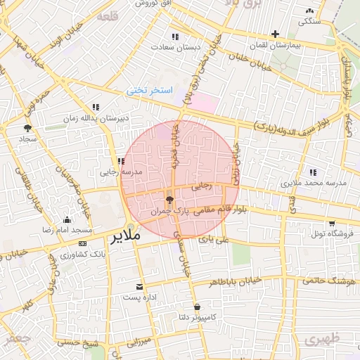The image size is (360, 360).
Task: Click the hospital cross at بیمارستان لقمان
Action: point(275,34)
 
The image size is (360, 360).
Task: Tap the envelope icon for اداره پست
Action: point(139,287)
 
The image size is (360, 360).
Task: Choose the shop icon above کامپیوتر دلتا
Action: point(197,307)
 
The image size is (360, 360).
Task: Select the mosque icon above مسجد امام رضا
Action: point(67,219)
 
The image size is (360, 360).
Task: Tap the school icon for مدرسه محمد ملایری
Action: point(312,172)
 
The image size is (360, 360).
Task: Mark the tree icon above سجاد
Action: point(28,128)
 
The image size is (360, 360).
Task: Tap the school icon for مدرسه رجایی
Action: point(122,162)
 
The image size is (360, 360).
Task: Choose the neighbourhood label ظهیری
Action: point(323,340)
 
